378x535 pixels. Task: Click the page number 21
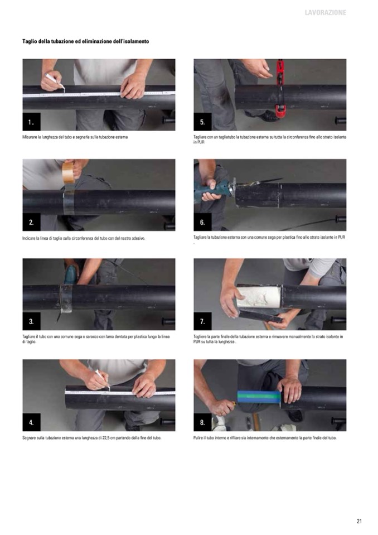(359, 521)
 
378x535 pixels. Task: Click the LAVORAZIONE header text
(325, 13)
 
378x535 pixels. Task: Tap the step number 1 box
(31, 122)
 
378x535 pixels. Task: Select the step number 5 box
(202, 122)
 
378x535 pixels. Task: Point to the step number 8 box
(202, 422)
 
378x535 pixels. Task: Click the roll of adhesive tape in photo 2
(69, 172)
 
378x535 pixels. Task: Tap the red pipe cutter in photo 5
(280, 89)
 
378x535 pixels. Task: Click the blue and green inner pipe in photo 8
(259, 397)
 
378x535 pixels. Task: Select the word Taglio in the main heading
(29, 41)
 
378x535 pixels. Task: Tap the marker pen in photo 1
(55, 81)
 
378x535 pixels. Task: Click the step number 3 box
(31, 321)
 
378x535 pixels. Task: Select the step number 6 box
(202, 222)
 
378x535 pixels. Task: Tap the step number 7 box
(202, 321)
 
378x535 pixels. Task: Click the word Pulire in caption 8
(198, 438)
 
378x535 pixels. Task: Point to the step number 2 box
(31, 222)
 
